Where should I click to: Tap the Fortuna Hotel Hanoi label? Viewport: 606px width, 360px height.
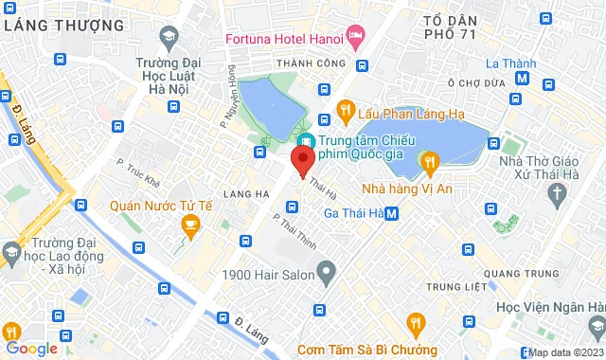283,39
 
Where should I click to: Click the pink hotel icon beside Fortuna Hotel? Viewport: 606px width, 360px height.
356,39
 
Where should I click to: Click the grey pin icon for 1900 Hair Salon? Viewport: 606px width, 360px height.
326,275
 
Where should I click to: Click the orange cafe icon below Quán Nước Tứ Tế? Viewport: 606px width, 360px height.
189,225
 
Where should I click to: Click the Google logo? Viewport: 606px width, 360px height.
31,348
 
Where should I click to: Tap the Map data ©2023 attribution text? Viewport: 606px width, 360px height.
565,352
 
